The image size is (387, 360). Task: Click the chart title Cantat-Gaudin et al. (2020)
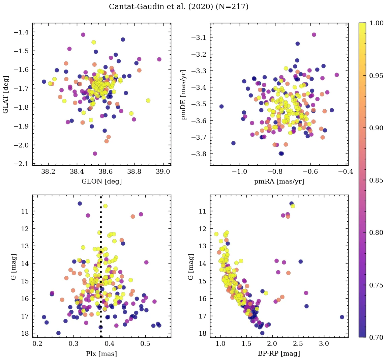(x=178, y=7)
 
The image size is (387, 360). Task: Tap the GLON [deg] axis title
(x=101, y=182)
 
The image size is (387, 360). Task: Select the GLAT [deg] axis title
(x=6, y=94)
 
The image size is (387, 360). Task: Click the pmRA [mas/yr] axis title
(x=279, y=182)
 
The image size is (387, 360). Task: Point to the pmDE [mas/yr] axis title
(x=184, y=94)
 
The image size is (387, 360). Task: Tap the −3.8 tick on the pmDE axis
(x=199, y=154)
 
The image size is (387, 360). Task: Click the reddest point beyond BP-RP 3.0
(x=342, y=317)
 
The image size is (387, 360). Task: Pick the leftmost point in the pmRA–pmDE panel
(x=221, y=106)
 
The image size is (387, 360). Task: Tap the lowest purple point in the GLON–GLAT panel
(x=95, y=154)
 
